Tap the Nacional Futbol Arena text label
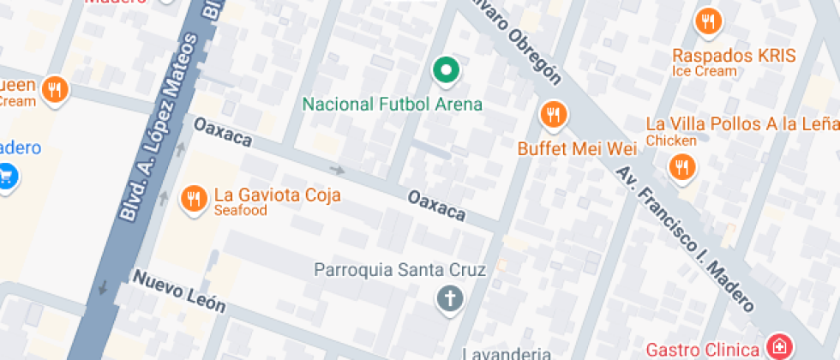click(x=393, y=105)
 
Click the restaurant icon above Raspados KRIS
click(x=707, y=22)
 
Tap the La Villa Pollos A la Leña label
click(x=741, y=124)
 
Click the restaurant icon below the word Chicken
click(x=681, y=167)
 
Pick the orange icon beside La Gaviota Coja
click(x=194, y=200)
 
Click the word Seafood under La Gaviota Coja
click(x=241, y=211)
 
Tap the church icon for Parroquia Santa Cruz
click(x=449, y=299)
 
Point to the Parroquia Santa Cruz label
click(x=400, y=270)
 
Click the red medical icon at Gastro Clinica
click(x=778, y=348)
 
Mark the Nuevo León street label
click(x=178, y=291)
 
